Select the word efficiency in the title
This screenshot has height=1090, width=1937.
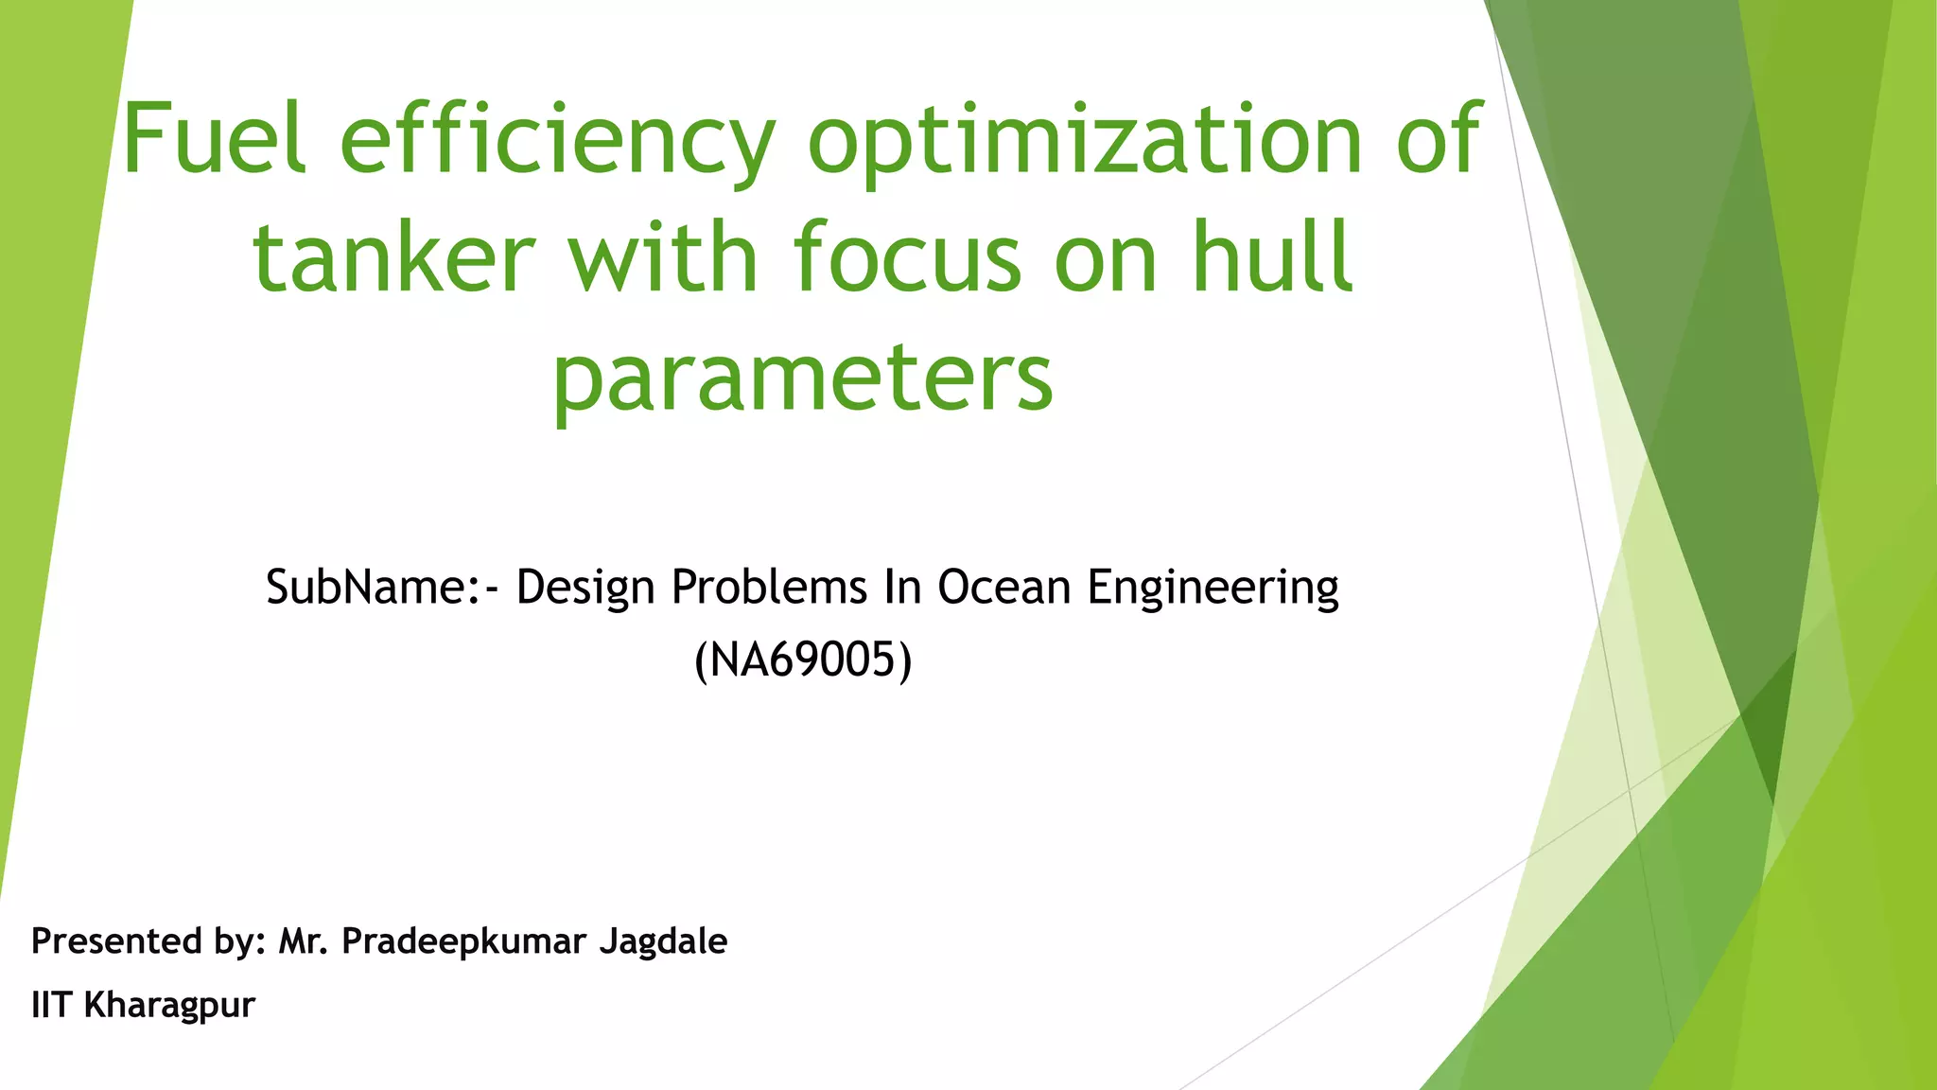[557, 142]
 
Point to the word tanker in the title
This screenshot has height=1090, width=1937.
[393, 257]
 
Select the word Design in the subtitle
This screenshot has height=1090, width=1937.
[585, 589]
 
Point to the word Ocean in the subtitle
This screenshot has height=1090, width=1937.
[1003, 587]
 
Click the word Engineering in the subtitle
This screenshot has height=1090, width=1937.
[1213, 589]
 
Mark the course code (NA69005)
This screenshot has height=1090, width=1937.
[803, 659]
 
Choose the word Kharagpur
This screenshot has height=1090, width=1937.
[169, 1005]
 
